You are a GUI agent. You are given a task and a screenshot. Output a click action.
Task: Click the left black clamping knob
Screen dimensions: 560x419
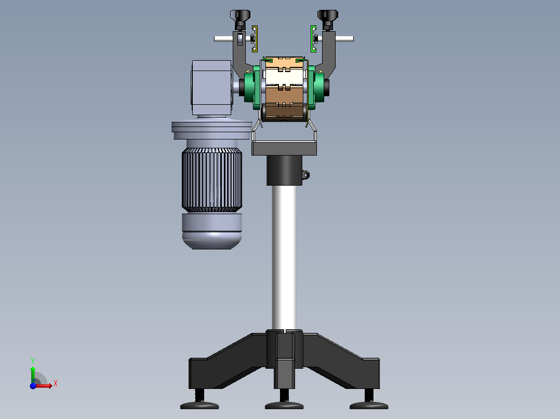pos(241,19)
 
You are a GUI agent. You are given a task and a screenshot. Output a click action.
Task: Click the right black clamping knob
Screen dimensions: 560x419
pos(327,19)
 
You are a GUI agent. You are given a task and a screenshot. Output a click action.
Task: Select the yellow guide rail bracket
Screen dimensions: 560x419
pos(255,39)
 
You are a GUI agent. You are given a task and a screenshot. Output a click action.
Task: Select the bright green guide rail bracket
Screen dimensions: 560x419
pos(313,39)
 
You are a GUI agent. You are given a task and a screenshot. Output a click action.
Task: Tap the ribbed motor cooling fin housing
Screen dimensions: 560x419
pos(212,180)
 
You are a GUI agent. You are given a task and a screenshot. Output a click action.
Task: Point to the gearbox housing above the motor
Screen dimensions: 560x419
pos(212,88)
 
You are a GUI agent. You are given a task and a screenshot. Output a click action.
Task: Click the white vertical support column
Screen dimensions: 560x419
pos(284,257)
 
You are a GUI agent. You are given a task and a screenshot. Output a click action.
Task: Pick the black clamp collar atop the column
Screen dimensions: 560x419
pos(284,170)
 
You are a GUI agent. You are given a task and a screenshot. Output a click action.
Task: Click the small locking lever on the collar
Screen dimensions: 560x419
pos(305,175)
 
